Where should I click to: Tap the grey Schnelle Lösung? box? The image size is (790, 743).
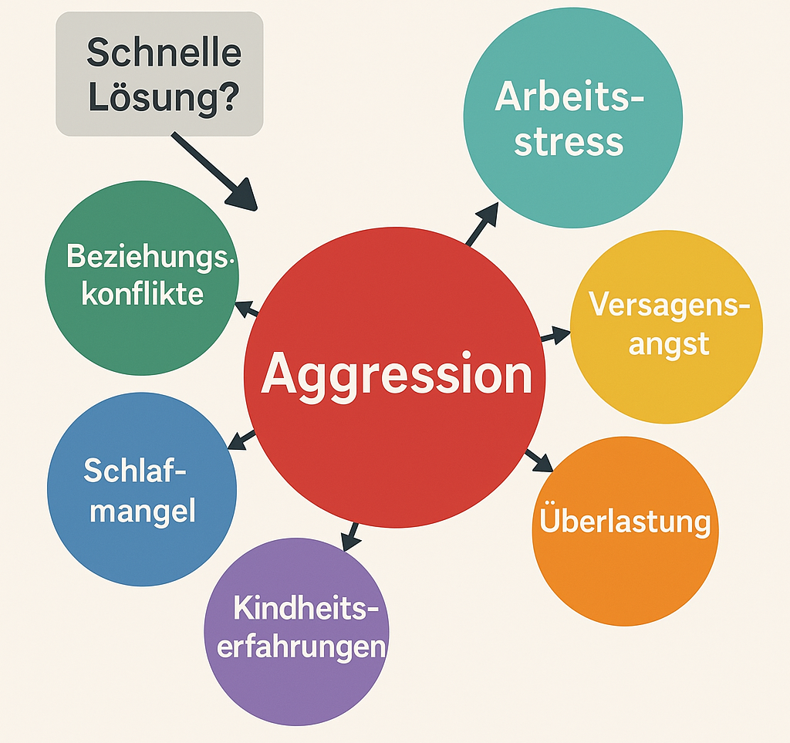160,74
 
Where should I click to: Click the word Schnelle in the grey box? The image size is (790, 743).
164,53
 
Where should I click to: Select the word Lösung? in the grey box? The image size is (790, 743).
163,99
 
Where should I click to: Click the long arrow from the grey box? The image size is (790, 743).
212,170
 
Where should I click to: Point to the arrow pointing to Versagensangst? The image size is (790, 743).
555,336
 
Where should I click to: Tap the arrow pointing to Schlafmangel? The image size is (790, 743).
243,440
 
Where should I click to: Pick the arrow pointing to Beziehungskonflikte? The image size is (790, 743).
247,310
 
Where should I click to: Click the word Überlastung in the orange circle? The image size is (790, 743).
625,522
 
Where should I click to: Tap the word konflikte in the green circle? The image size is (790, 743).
143,293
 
